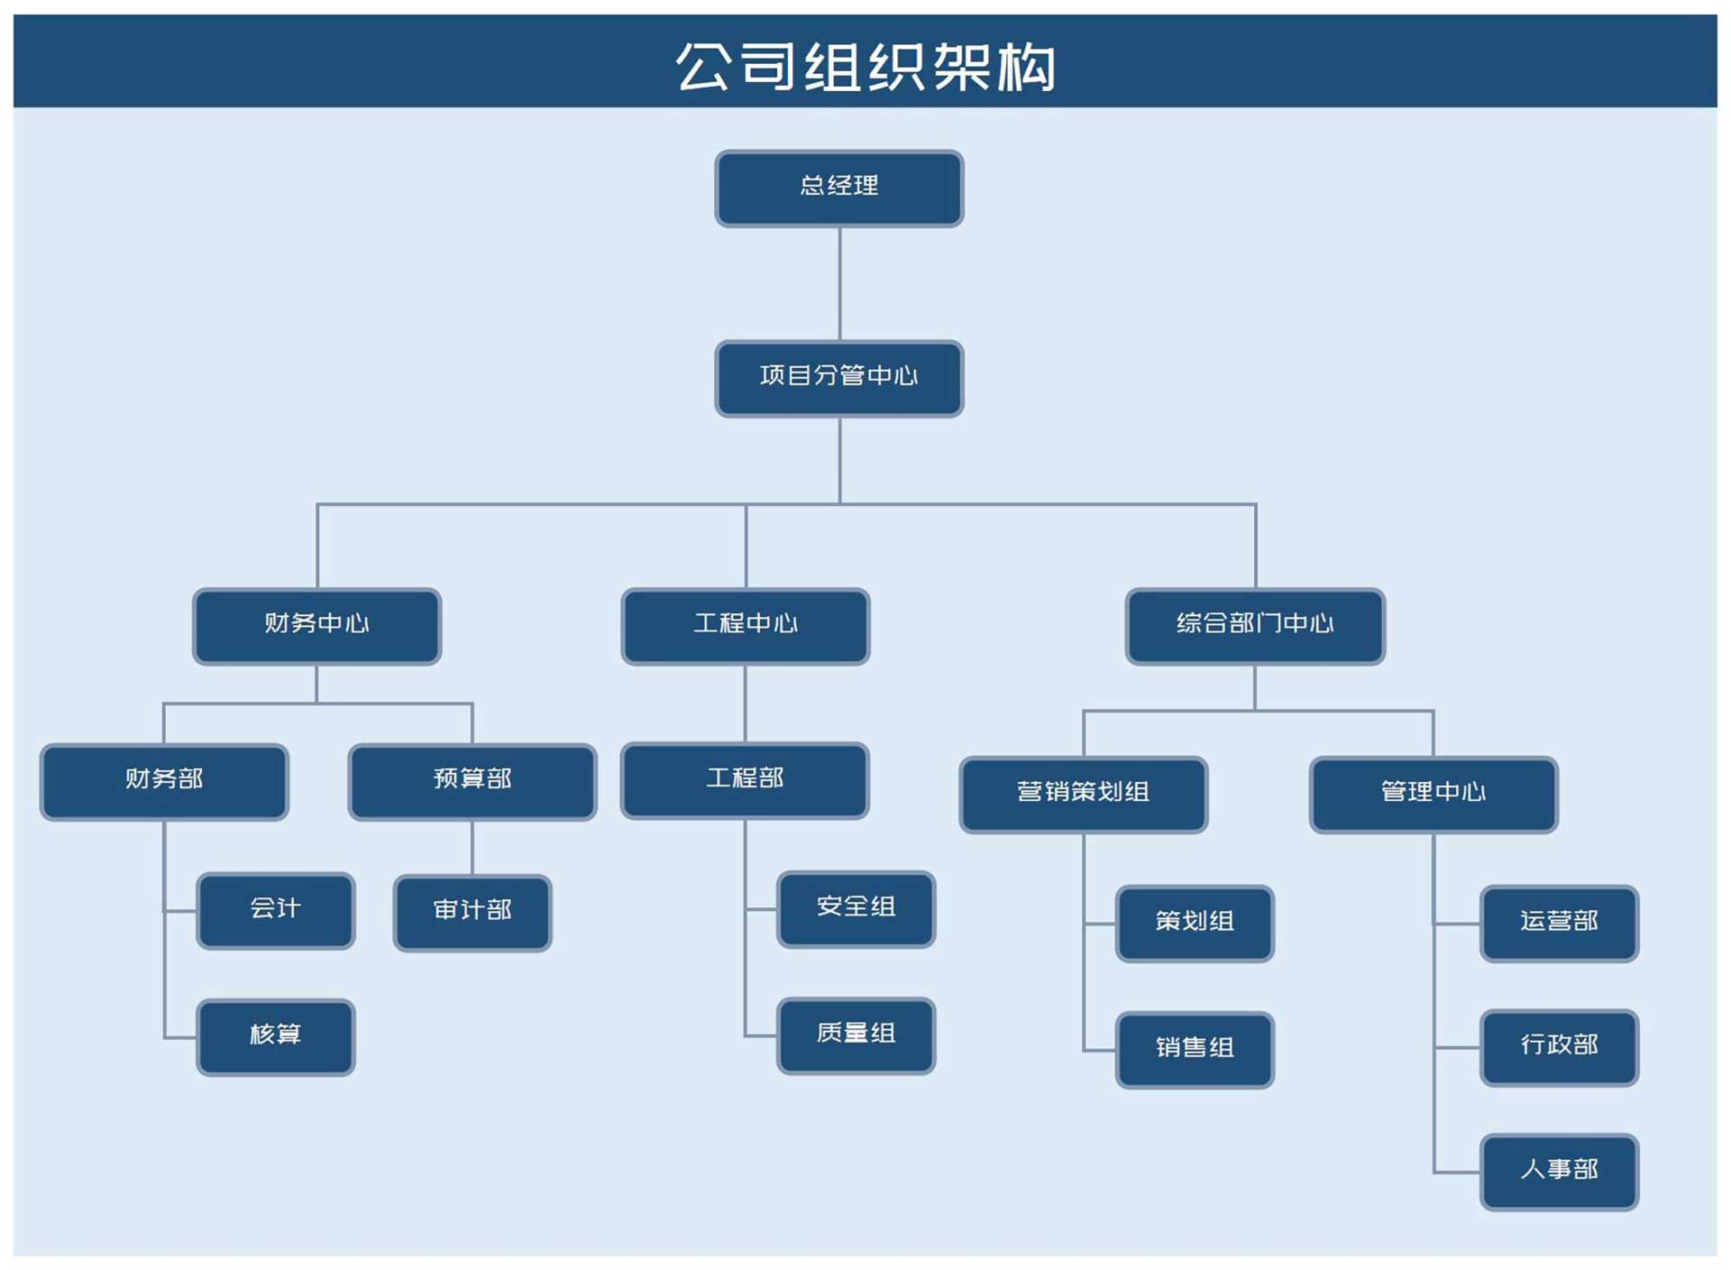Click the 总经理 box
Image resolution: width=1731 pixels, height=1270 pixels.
[838, 188]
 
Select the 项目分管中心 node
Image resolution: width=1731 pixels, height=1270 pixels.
[838, 378]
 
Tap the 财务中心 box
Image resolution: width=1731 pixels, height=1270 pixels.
[316, 625]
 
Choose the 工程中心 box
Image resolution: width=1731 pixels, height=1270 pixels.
[745, 625]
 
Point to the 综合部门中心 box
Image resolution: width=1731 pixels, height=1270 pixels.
[1254, 625]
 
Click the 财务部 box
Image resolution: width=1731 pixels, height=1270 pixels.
[164, 781]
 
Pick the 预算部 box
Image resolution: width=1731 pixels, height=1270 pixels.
[472, 781]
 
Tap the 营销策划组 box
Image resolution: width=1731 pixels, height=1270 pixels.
[1083, 794]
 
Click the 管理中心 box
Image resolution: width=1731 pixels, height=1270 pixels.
[1433, 794]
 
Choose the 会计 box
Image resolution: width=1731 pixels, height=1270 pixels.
[275, 910]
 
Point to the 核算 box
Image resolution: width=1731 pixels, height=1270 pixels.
[275, 1036]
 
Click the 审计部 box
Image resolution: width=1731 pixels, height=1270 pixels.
[472, 912]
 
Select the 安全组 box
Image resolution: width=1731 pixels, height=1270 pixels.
[856, 908]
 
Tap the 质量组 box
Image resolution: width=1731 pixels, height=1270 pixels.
[856, 1035]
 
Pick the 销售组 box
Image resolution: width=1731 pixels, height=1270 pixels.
[1195, 1049]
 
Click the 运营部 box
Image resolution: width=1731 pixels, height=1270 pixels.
[1559, 923]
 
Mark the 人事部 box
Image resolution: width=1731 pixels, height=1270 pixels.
[1559, 1172]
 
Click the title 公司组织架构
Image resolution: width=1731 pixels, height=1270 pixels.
[865, 65]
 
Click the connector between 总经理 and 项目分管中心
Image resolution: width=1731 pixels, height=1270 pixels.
[839, 283]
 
